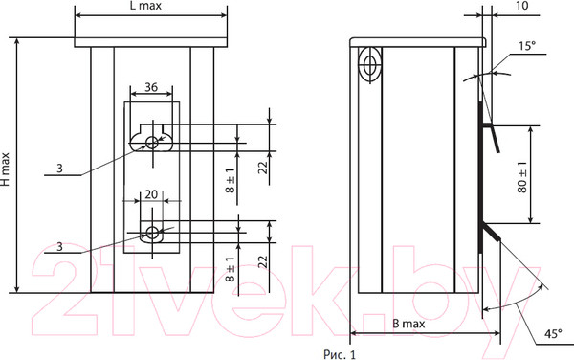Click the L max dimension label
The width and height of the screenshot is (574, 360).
(x=145, y=6)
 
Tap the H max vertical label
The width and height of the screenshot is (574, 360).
(x=6, y=169)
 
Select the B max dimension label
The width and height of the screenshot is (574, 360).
(x=408, y=324)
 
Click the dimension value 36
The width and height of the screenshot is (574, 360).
(x=151, y=87)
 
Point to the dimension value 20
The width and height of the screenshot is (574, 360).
(x=151, y=194)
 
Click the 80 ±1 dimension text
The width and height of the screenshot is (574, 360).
(x=522, y=177)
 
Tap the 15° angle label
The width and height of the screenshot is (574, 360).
(x=527, y=46)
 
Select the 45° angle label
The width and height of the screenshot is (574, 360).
(x=553, y=334)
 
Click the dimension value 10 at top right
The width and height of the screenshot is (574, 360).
(x=521, y=6)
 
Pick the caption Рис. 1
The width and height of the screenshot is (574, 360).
(x=340, y=354)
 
